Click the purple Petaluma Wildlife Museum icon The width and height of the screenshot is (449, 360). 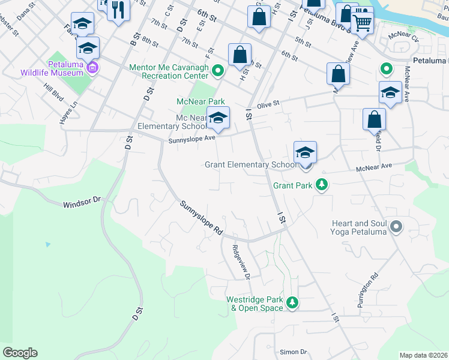click(92, 67)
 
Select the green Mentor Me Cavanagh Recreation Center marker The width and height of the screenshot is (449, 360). click(218, 71)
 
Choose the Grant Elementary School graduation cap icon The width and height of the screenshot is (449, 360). click(305, 154)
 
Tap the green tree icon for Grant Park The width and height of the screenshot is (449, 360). click(322, 185)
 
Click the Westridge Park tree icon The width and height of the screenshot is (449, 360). click(292, 303)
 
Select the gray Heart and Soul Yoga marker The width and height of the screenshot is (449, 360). click(396, 227)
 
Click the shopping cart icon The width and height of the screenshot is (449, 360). click(362, 22)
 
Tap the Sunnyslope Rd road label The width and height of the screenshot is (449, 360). click(201, 217)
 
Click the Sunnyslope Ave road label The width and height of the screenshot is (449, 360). click(191, 139)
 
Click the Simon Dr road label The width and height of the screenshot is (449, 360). click(293, 352)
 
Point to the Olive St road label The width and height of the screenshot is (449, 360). click(269, 105)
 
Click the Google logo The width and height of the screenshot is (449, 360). click(20, 353)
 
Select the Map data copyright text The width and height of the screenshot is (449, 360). click(423, 355)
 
